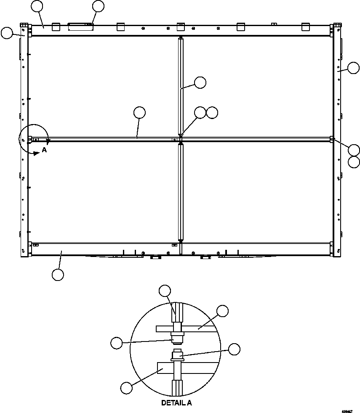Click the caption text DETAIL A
176,403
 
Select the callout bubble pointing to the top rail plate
98,6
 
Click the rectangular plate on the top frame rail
81,27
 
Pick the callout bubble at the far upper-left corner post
7,33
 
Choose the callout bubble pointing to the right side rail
353,68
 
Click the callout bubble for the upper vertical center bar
200,82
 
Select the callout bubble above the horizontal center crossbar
139,112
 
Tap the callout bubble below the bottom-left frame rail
58,275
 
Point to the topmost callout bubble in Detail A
165,290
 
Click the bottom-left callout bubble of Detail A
126,388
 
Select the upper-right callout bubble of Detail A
222,311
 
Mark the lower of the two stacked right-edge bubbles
354,162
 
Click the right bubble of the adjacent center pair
212,112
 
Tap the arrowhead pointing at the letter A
36,153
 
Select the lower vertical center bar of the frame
181,191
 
